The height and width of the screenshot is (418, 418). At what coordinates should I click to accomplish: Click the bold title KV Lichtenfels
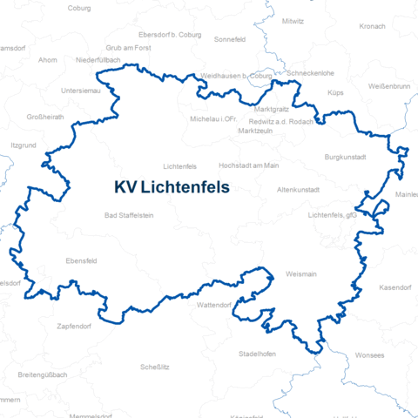[171, 187]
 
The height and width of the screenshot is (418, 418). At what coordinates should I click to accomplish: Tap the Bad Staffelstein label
[128, 215]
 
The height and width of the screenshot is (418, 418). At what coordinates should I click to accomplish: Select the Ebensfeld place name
[82, 260]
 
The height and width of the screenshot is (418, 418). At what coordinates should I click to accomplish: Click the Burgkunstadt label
[345, 157]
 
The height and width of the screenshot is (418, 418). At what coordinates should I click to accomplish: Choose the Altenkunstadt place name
[299, 189]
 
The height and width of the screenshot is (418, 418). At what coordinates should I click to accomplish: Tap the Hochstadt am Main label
[249, 165]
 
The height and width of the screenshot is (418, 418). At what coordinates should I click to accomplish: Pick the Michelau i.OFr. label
[213, 118]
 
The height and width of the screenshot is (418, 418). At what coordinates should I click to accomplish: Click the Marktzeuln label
[255, 131]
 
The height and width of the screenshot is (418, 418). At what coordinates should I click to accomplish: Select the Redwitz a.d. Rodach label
[281, 121]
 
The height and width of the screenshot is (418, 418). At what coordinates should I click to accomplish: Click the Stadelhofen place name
[257, 354]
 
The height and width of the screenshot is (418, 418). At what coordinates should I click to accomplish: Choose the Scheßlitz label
[154, 367]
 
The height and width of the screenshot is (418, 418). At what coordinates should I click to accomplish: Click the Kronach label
[372, 27]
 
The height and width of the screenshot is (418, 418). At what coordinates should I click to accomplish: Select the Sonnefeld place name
[231, 39]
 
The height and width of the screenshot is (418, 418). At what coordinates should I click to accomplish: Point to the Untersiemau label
[81, 91]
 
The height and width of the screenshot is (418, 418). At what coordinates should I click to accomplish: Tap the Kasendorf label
[396, 287]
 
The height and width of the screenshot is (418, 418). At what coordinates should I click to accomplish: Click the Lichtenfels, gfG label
[333, 214]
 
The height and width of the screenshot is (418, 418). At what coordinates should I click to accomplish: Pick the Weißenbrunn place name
[389, 86]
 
